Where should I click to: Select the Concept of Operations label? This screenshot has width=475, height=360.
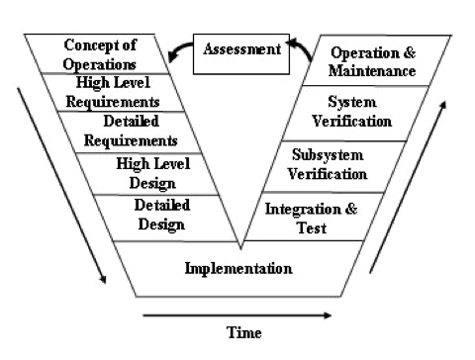tap(99, 52)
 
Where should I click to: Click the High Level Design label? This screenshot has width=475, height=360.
tap(145, 172)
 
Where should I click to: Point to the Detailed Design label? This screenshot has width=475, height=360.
tap(159, 215)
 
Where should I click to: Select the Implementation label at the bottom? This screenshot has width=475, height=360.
tap(238, 268)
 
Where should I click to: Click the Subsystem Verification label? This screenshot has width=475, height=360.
tap(328, 164)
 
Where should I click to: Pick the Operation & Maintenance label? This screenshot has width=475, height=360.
tap(372, 61)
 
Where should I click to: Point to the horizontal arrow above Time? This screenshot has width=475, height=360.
tap(237, 315)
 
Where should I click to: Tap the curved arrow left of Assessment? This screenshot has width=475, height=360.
tap(177, 50)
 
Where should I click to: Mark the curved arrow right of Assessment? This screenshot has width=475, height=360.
tap(301, 50)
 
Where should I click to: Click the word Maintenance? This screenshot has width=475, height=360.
tap(373, 71)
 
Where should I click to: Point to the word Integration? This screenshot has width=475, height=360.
tap(297, 209)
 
